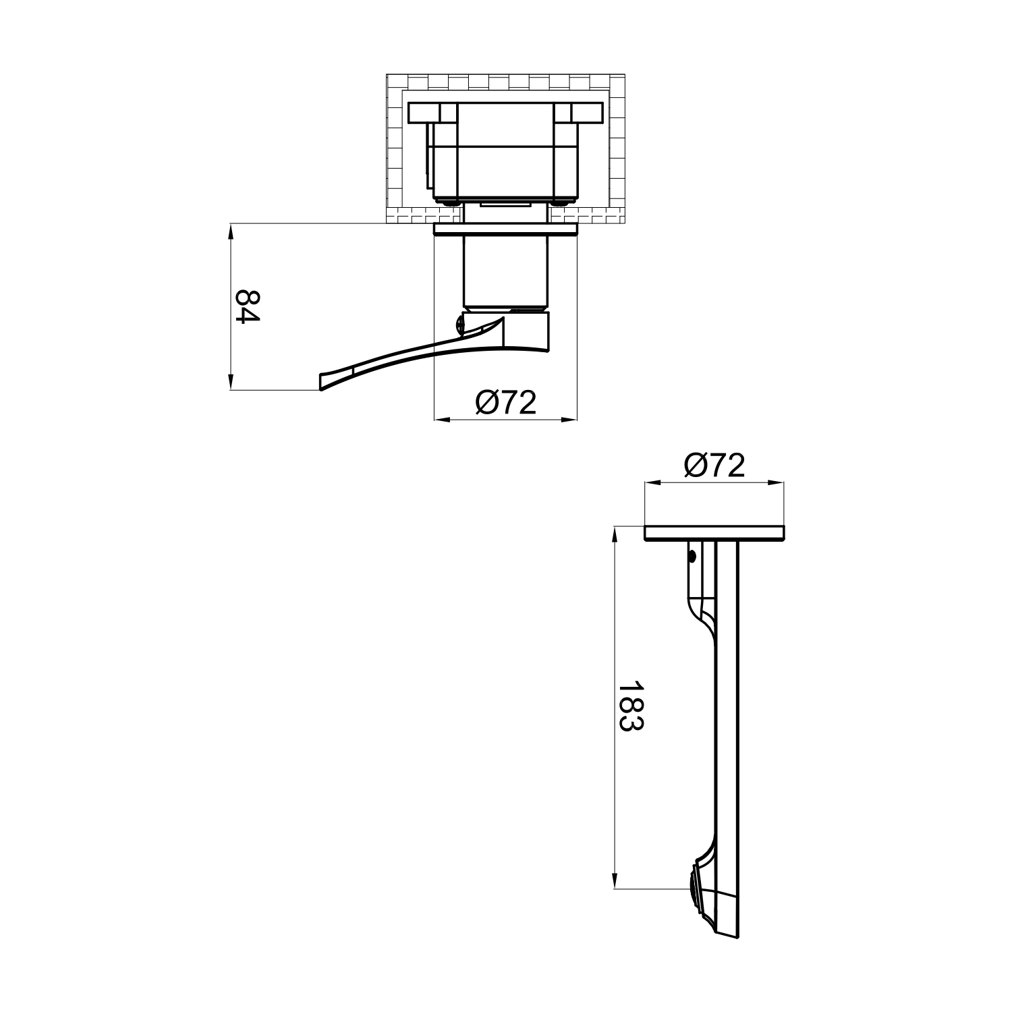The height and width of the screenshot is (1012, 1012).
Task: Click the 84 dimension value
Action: (x=247, y=307)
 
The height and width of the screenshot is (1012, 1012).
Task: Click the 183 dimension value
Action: (x=631, y=706)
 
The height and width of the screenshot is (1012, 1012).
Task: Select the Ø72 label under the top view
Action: (x=505, y=403)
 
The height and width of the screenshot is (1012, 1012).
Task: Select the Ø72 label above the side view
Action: (x=714, y=466)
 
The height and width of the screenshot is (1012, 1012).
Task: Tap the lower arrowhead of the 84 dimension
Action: (x=231, y=381)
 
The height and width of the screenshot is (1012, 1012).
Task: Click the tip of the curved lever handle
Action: (x=321, y=381)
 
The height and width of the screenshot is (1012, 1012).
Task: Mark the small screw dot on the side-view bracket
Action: (x=692, y=557)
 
